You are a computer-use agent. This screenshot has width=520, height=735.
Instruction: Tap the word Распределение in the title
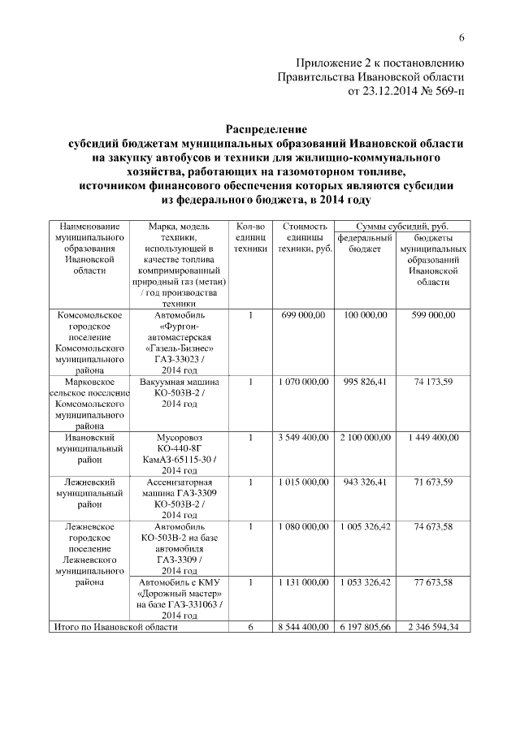click(x=266, y=128)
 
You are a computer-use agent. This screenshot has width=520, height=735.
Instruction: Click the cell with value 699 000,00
click(x=303, y=314)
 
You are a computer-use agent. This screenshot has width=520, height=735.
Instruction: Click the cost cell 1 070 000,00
click(x=303, y=382)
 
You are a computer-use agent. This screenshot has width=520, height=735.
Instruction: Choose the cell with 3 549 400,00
click(x=303, y=438)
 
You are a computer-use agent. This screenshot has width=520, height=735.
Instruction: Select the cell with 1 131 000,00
click(x=303, y=582)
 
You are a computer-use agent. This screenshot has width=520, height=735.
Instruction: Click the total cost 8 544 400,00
click(x=303, y=627)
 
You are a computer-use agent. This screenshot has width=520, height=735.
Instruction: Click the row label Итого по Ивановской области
click(x=115, y=627)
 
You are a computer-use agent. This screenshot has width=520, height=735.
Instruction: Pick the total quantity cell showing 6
click(x=251, y=627)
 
